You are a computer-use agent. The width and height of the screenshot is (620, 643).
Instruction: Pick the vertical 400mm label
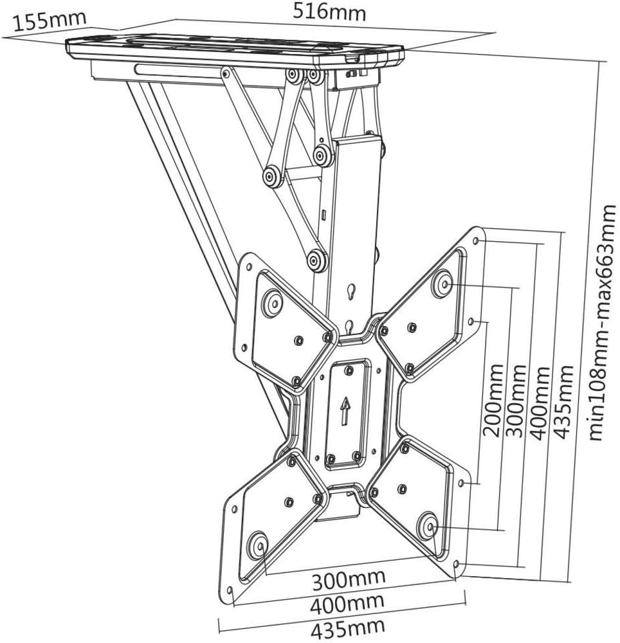(541, 402)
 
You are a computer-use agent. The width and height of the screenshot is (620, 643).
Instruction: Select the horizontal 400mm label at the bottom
(348, 604)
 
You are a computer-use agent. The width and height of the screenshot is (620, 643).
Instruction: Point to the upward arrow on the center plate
(345, 410)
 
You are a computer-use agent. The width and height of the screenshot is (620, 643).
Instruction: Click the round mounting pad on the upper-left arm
(272, 302)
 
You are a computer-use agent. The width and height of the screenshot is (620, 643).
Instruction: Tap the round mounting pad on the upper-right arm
(442, 284)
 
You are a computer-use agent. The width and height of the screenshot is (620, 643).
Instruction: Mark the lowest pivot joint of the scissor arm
(316, 260)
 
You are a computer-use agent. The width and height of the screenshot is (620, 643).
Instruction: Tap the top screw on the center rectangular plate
(349, 370)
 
